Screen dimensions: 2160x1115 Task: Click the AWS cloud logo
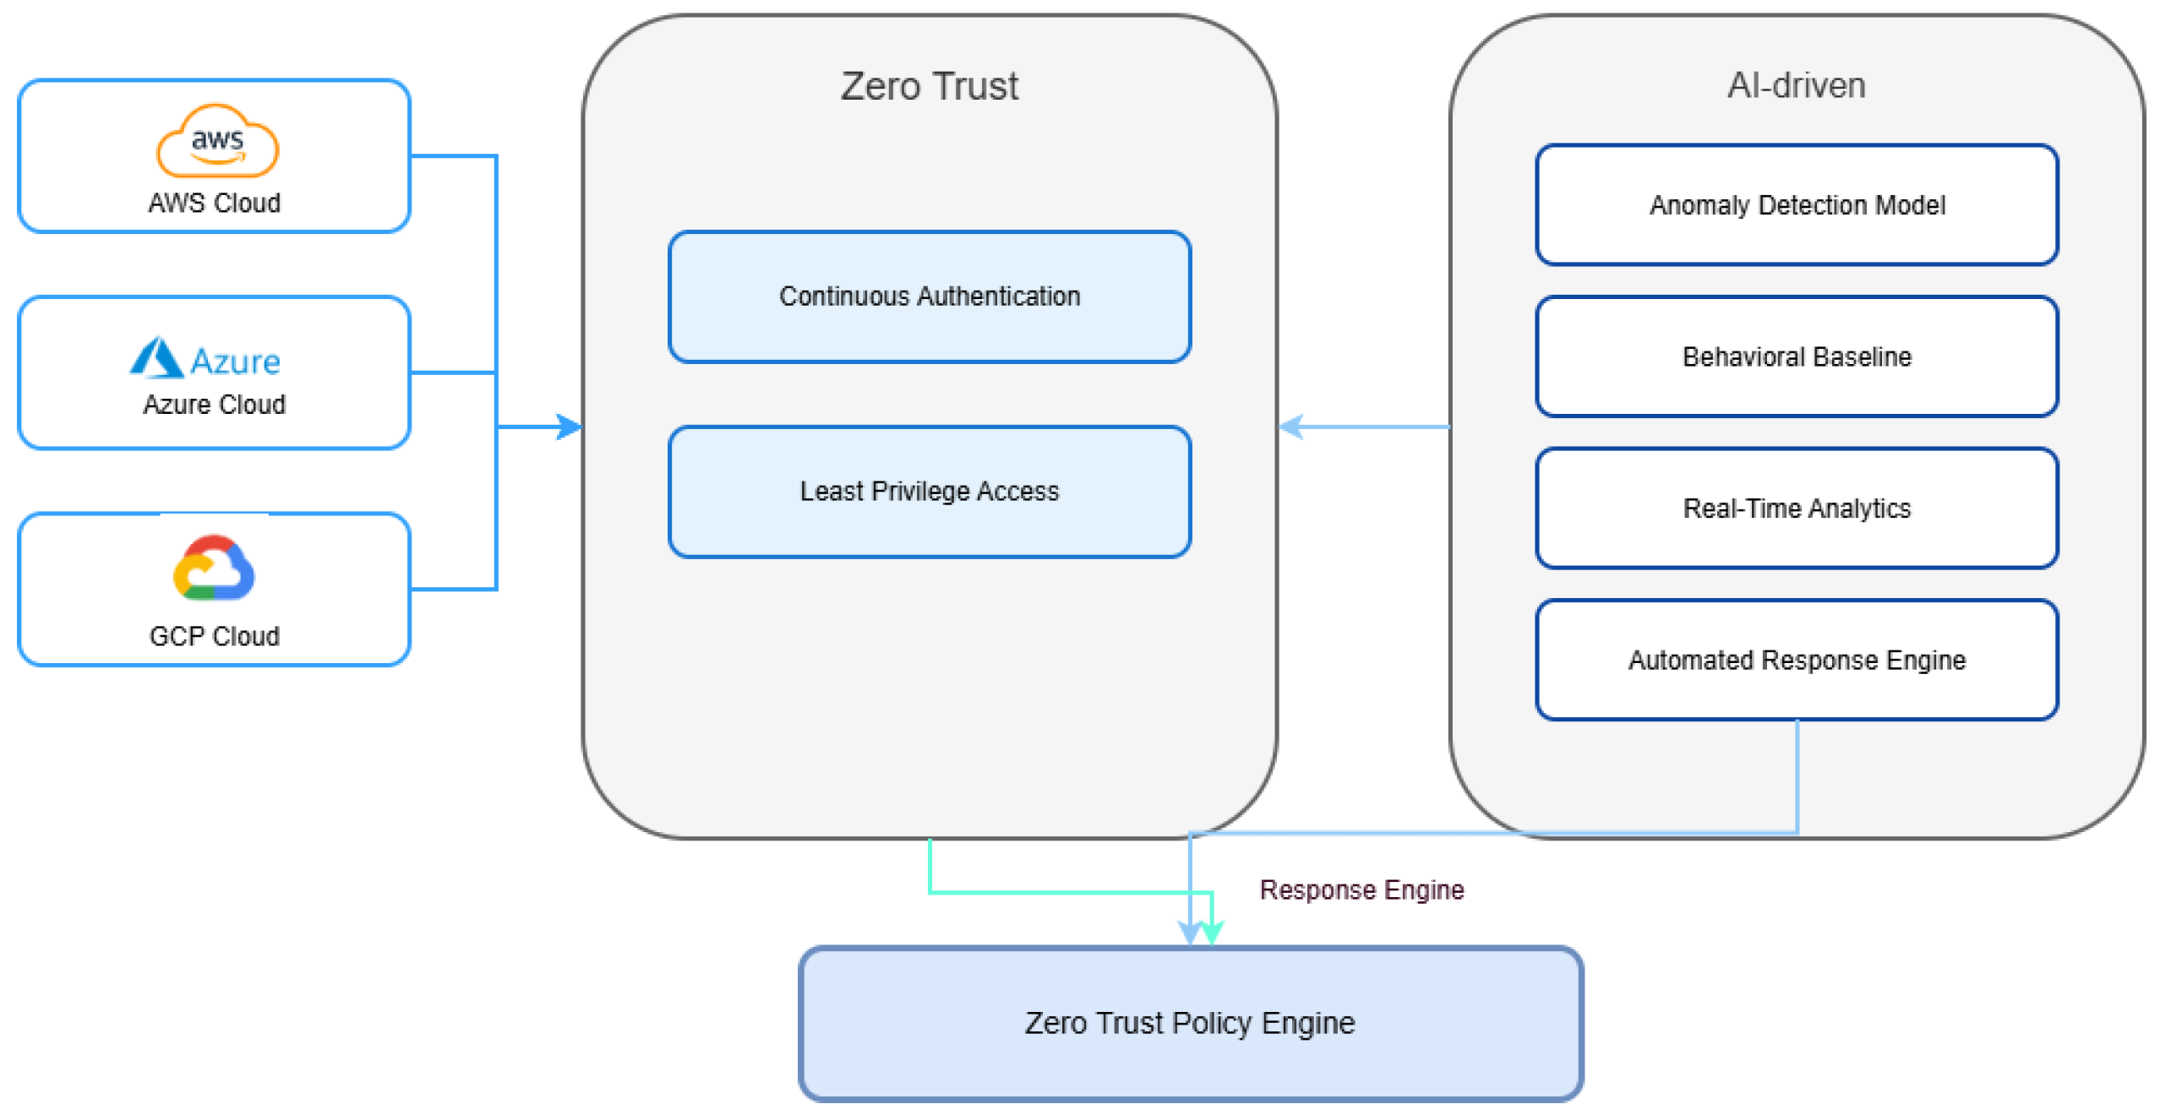[217, 141]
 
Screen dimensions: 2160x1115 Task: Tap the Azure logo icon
[156, 358]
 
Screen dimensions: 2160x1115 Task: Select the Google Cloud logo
[214, 568]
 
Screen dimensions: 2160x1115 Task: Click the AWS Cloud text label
[215, 204]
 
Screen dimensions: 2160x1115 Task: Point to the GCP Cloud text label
[215, 636]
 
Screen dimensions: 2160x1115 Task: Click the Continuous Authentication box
[930, 296]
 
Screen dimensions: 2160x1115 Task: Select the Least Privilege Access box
[930, 492]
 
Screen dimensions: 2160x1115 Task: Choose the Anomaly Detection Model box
[1797, 205]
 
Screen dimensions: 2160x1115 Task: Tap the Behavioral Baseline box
[1797, 356]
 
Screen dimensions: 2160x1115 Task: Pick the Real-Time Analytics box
[1797, 509]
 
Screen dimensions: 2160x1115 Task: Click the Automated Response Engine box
[1797, 660]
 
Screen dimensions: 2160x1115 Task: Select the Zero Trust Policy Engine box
[1191, 1023]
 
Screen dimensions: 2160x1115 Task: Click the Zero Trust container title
[930, 86]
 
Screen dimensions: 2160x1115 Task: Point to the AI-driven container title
[1797, 85]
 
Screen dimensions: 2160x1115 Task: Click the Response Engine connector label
[1361, 889]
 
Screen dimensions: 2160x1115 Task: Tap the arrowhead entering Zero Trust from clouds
[570, 427]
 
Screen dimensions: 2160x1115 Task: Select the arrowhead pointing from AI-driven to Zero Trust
[1292, 427]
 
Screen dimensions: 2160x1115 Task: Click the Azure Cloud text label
[215, 405]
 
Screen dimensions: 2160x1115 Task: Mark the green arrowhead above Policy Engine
[1213, 933]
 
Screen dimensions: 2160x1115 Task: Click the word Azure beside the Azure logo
[236, 362]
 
